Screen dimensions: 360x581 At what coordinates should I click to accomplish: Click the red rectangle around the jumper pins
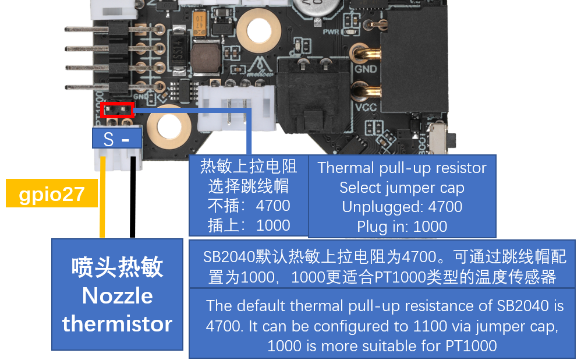tap(117, 110)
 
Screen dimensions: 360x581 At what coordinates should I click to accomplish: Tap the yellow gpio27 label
tap(52, 195)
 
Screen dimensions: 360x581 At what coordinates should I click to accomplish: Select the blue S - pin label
tap(117, 139)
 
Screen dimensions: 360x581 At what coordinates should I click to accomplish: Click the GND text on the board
tap(366, 68)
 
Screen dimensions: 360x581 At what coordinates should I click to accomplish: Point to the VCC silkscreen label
tap(366, 107)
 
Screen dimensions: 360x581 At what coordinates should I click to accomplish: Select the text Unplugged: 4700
tap(402, 207)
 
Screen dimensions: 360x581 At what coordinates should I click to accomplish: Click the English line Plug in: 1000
tap(402, 226)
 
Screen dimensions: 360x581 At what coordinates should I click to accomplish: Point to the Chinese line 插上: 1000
tap(248, 225)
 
